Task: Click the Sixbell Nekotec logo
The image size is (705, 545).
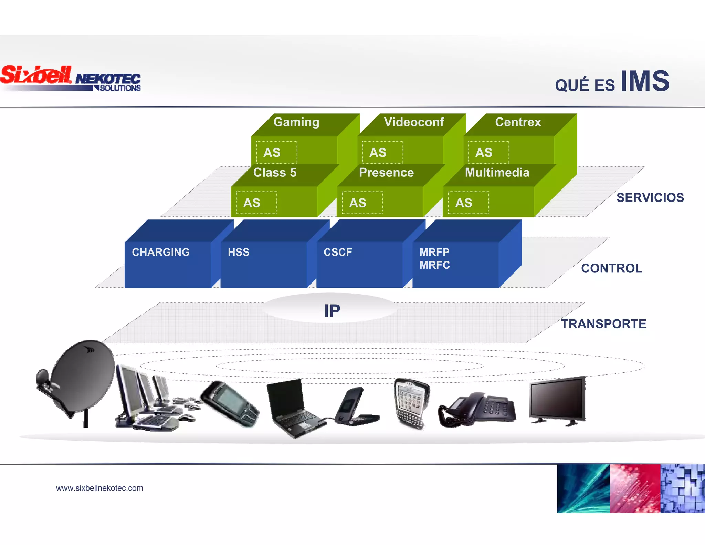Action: tap(71, 79)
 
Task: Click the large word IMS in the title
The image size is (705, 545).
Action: tap(645, 81)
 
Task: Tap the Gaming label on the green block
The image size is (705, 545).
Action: tap(296, 122)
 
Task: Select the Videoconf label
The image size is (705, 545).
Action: tap(414, 122)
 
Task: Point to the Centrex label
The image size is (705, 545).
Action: tap(518, 122)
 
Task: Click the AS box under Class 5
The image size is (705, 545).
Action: tap(256, 203)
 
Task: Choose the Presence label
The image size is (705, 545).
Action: tap(386, 173)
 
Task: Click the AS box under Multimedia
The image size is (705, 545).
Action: tap(468, 203)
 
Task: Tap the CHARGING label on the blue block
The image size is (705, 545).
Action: tap(161, 252)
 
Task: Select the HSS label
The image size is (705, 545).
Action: tap(239, 252)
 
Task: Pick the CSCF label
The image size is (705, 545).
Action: tap(338, 252)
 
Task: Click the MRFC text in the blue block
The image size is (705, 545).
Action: tap(434, 265)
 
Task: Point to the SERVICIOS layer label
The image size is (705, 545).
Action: tap(650, 198)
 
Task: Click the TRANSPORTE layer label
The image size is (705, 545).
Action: tap(603, 324)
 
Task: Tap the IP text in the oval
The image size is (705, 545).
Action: tap(332, 311)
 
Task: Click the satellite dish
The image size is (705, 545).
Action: tap(77, 379)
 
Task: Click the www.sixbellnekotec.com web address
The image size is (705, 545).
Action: tap(99, 488)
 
